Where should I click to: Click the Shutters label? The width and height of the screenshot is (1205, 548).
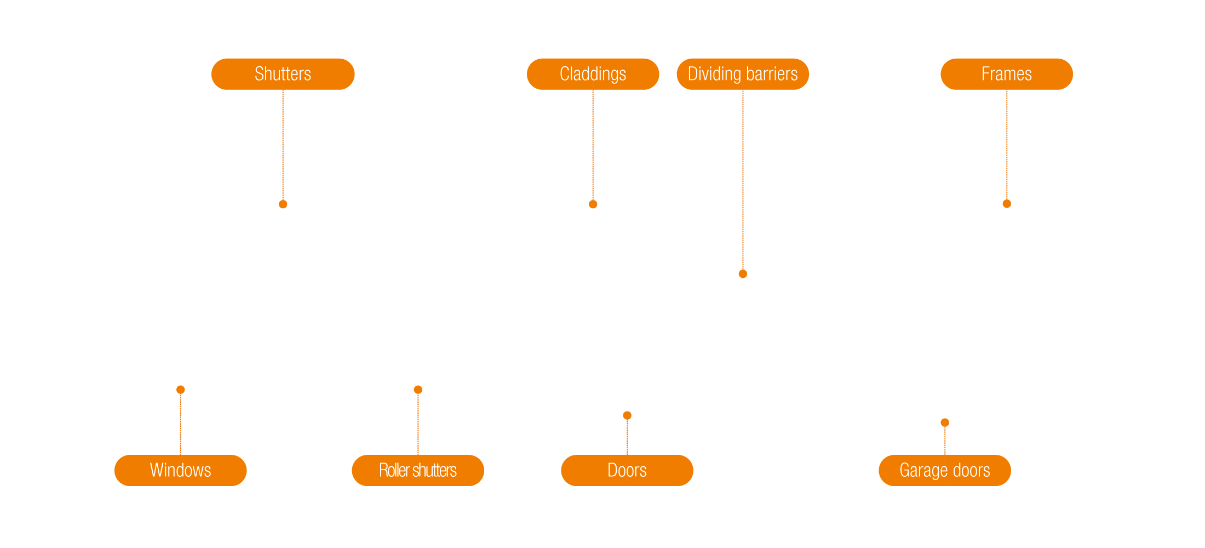click(283, 74)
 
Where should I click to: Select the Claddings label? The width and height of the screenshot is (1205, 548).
click(593, 74)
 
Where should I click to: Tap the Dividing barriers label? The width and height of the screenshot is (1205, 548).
click(743, 74)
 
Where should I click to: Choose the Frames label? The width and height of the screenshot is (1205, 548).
click(1007, 74)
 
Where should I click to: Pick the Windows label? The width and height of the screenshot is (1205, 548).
click(180, 470)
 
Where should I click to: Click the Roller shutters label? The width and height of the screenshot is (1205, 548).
click(418, 470)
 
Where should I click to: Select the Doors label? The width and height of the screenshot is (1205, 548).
click(627, 470)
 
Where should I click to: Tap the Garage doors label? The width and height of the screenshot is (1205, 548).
click(945, 470)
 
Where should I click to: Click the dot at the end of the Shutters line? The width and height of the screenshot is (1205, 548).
click(283, 204)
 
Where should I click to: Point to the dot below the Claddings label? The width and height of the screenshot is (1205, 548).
click(593, 204)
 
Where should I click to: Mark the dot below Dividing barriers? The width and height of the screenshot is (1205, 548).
click(743, 274)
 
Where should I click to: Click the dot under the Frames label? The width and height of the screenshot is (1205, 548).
click(1007, 204)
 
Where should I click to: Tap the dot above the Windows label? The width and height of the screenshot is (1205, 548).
click(181, 390)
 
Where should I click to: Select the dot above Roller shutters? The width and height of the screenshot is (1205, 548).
click(418, 390)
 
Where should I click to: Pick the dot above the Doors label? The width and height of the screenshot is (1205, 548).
click(627, 415)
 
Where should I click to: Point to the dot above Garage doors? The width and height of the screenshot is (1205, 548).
click(945, 423)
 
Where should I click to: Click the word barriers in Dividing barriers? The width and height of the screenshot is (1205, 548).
click(772, 74)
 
